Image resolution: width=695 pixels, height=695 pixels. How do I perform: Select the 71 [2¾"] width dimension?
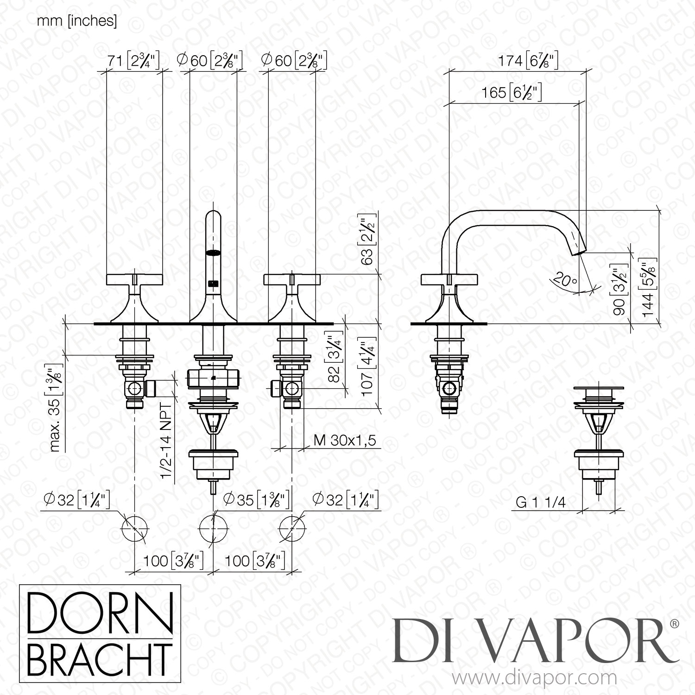pyautogui.click(x=133, y=60)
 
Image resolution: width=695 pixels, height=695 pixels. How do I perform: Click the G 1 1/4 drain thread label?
pyautogui.click(x=541, y=503)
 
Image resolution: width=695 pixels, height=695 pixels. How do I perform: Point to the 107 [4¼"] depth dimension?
pyautogui.click(x=369, y=368)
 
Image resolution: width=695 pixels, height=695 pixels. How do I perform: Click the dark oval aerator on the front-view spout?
pyautogui.click(x=214, y=253)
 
